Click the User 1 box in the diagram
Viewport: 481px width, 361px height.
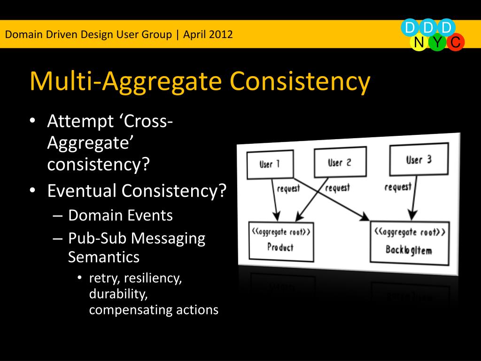270,165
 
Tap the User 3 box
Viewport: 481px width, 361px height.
419,159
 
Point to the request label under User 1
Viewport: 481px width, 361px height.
288,189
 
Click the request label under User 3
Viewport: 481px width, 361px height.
398,187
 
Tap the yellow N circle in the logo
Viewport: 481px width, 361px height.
419,43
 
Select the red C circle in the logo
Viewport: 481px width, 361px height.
455,43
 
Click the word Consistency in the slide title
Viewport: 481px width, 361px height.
300,81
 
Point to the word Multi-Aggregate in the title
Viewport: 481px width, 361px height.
125,81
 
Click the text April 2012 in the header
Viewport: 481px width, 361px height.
208,34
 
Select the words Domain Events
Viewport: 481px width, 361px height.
120,215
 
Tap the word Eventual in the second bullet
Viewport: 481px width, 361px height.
82,191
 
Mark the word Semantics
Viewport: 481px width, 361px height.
104,257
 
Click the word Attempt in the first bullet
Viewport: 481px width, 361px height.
80,122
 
